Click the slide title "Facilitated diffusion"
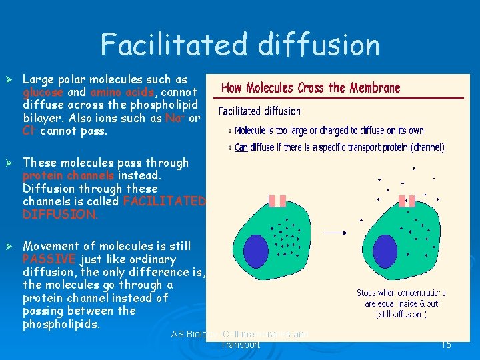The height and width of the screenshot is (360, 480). pos(240,45)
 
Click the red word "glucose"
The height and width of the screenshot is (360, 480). pos(43,93)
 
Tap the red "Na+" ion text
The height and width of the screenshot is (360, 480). pos(174,118)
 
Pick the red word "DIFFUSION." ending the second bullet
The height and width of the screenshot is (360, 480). pos(60,214)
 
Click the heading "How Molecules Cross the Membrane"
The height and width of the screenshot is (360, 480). pos(311,88)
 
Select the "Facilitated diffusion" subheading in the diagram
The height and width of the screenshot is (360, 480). pos(259,111)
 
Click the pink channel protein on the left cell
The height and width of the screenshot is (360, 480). pos(277,201)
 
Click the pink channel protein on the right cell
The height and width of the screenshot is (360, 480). pos(407,201)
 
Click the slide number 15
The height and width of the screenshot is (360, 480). pos(446,345)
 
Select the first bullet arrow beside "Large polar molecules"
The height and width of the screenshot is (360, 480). pos(9,79)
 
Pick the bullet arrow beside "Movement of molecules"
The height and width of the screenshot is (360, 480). pos(9,246)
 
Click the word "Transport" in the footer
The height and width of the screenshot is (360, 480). pos(240,345)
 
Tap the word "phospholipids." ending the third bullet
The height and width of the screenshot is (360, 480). pos(61,324)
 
